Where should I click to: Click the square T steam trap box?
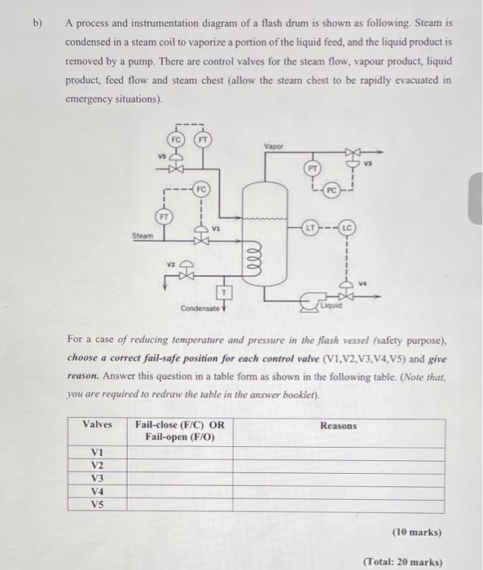coord(222,291)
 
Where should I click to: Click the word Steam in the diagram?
coord(143,236)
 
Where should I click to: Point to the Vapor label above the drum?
coord(274,147)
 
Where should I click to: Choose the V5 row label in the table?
coord(98,504)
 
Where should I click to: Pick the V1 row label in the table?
coord(98,452)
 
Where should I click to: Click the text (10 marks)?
coord(416,532)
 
